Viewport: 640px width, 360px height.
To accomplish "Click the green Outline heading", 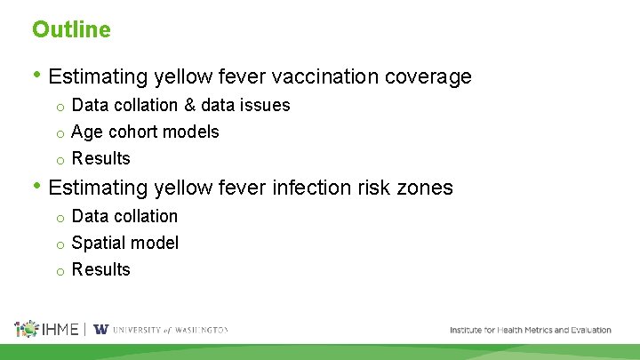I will (x=71, y=29).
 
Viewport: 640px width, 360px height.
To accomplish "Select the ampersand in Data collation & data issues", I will (x=189, y=105).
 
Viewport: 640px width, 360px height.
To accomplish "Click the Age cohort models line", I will (x=145, y=132).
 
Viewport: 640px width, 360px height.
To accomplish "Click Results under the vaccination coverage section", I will (x=100, y=158).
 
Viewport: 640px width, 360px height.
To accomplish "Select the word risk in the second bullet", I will (x=379, y=188).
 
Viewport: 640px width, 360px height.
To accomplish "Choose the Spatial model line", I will (x=124, y=243).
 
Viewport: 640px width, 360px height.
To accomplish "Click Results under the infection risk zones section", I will (x=100, y=269).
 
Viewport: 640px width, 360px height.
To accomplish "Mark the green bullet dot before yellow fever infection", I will (x=36, y=187).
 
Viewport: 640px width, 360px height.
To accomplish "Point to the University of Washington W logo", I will (x=101, y=329).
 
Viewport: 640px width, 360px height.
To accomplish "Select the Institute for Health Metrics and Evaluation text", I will (x=530, y=330).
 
